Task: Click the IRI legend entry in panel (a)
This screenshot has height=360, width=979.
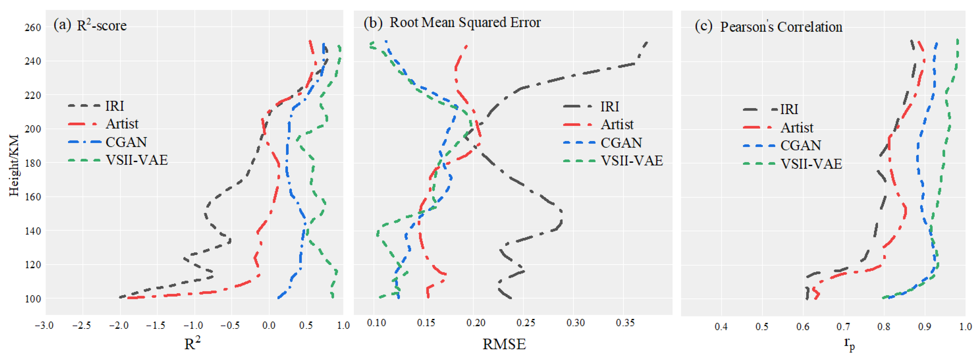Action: tap(114, 106)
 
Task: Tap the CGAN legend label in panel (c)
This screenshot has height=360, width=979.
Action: tap(800, 145)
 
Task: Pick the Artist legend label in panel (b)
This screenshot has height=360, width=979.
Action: tap(617, 124)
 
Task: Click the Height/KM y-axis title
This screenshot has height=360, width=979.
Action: tap(14, 165)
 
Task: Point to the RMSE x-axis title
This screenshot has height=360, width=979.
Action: tap(504, 344)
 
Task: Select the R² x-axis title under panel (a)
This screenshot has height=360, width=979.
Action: tap(192, 343)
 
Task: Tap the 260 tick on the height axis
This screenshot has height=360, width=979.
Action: tap(33, 27)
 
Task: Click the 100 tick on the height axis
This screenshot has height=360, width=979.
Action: tap(33, 299)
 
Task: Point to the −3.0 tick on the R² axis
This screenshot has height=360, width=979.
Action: tap(44, 325)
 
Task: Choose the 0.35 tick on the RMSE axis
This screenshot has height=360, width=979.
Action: tap(625, 323)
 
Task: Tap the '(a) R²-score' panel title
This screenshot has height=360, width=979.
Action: tap(90, 25)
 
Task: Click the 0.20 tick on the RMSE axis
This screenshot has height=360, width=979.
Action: tap(476, 323)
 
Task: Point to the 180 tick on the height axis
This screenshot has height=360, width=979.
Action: tap(33, 163)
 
